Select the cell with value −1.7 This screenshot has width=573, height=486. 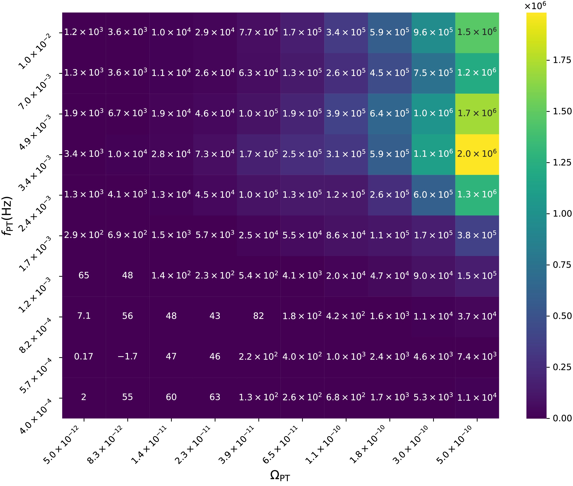tap(128, 357)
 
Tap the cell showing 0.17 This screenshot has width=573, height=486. tap(84, 357)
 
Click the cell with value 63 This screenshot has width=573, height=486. tap(215, 397)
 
